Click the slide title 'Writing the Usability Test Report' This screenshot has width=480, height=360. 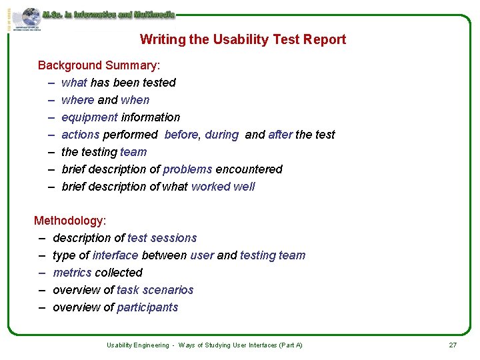[x=243, y=39]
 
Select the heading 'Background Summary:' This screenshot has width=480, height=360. [x=99, y=65]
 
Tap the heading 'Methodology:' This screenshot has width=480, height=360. [x=70, y=221]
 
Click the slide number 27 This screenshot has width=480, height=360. [x=453, y=345]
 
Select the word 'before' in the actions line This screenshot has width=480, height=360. [x=181, y=135]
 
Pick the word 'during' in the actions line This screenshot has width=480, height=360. [x=221, y=135]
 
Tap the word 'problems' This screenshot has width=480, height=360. [x=187, y=169]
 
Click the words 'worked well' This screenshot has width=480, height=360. [x=223, y=187]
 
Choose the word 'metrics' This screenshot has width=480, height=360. [x=72, y=273]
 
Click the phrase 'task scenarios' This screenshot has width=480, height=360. [x=155, y=290]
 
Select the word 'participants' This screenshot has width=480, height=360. [x=147, y=307]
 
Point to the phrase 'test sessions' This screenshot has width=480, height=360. [x=162, y=238]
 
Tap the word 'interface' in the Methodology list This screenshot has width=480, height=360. [x=115, y=255]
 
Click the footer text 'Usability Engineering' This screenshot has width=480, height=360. [x=138, y=345]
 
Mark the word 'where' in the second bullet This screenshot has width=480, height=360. [x=77, y=100]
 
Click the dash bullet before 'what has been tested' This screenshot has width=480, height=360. [x=51, y=83]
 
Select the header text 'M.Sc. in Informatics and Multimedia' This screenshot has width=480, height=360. [x=108, y=13]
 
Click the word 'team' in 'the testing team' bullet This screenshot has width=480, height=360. [x=133, y=152]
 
